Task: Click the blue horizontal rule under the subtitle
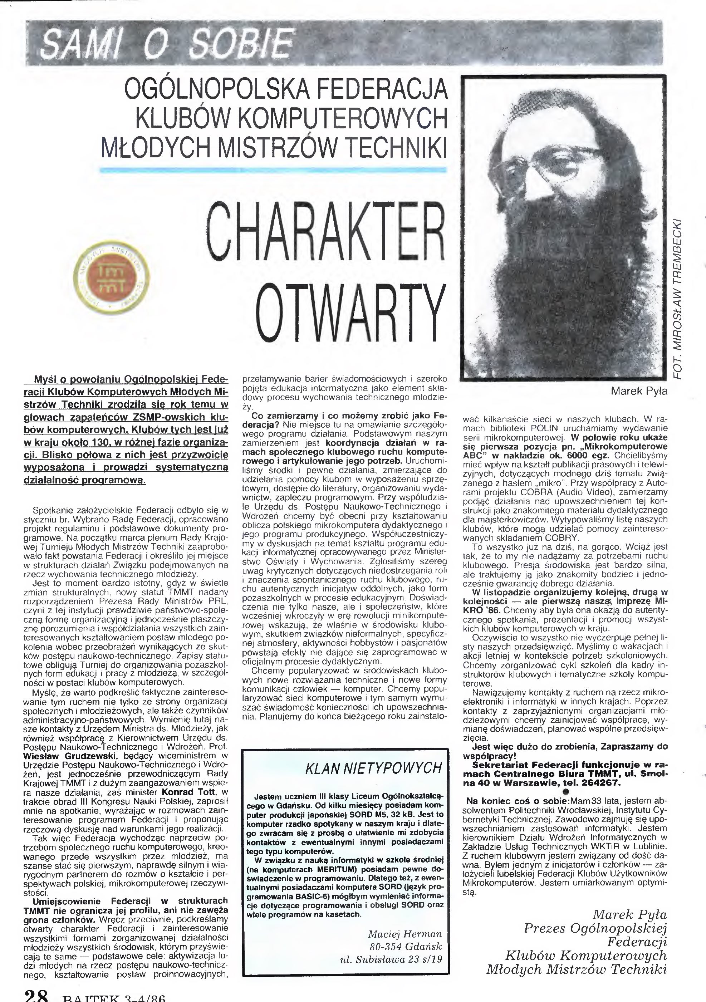(x=273, y=170)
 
